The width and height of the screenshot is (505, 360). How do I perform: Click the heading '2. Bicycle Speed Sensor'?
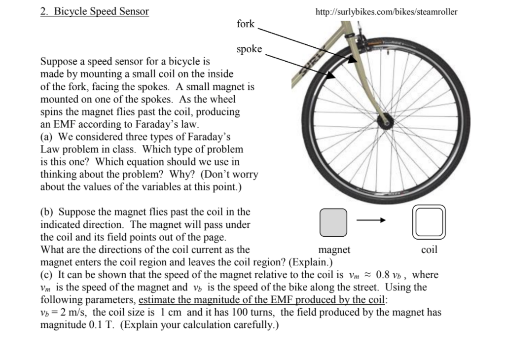94,11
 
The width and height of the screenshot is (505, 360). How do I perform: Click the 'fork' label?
246,24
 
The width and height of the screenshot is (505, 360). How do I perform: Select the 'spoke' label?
249,49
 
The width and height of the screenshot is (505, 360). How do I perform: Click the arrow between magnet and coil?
371,221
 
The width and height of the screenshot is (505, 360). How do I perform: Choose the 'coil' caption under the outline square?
429,250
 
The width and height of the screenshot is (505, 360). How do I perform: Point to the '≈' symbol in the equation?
367,275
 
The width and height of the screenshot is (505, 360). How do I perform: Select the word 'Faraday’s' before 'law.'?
154,124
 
